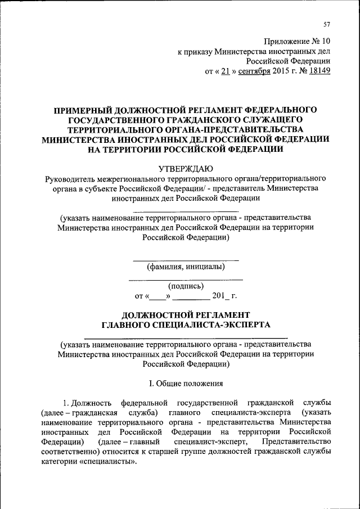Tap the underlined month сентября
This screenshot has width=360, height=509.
254,72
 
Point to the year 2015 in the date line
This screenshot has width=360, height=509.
281,72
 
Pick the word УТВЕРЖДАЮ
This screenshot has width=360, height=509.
186,168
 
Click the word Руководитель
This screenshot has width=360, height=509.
68,178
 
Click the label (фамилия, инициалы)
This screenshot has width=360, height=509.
186,267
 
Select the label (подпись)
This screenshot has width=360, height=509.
186,286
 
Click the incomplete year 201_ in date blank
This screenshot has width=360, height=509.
220,296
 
